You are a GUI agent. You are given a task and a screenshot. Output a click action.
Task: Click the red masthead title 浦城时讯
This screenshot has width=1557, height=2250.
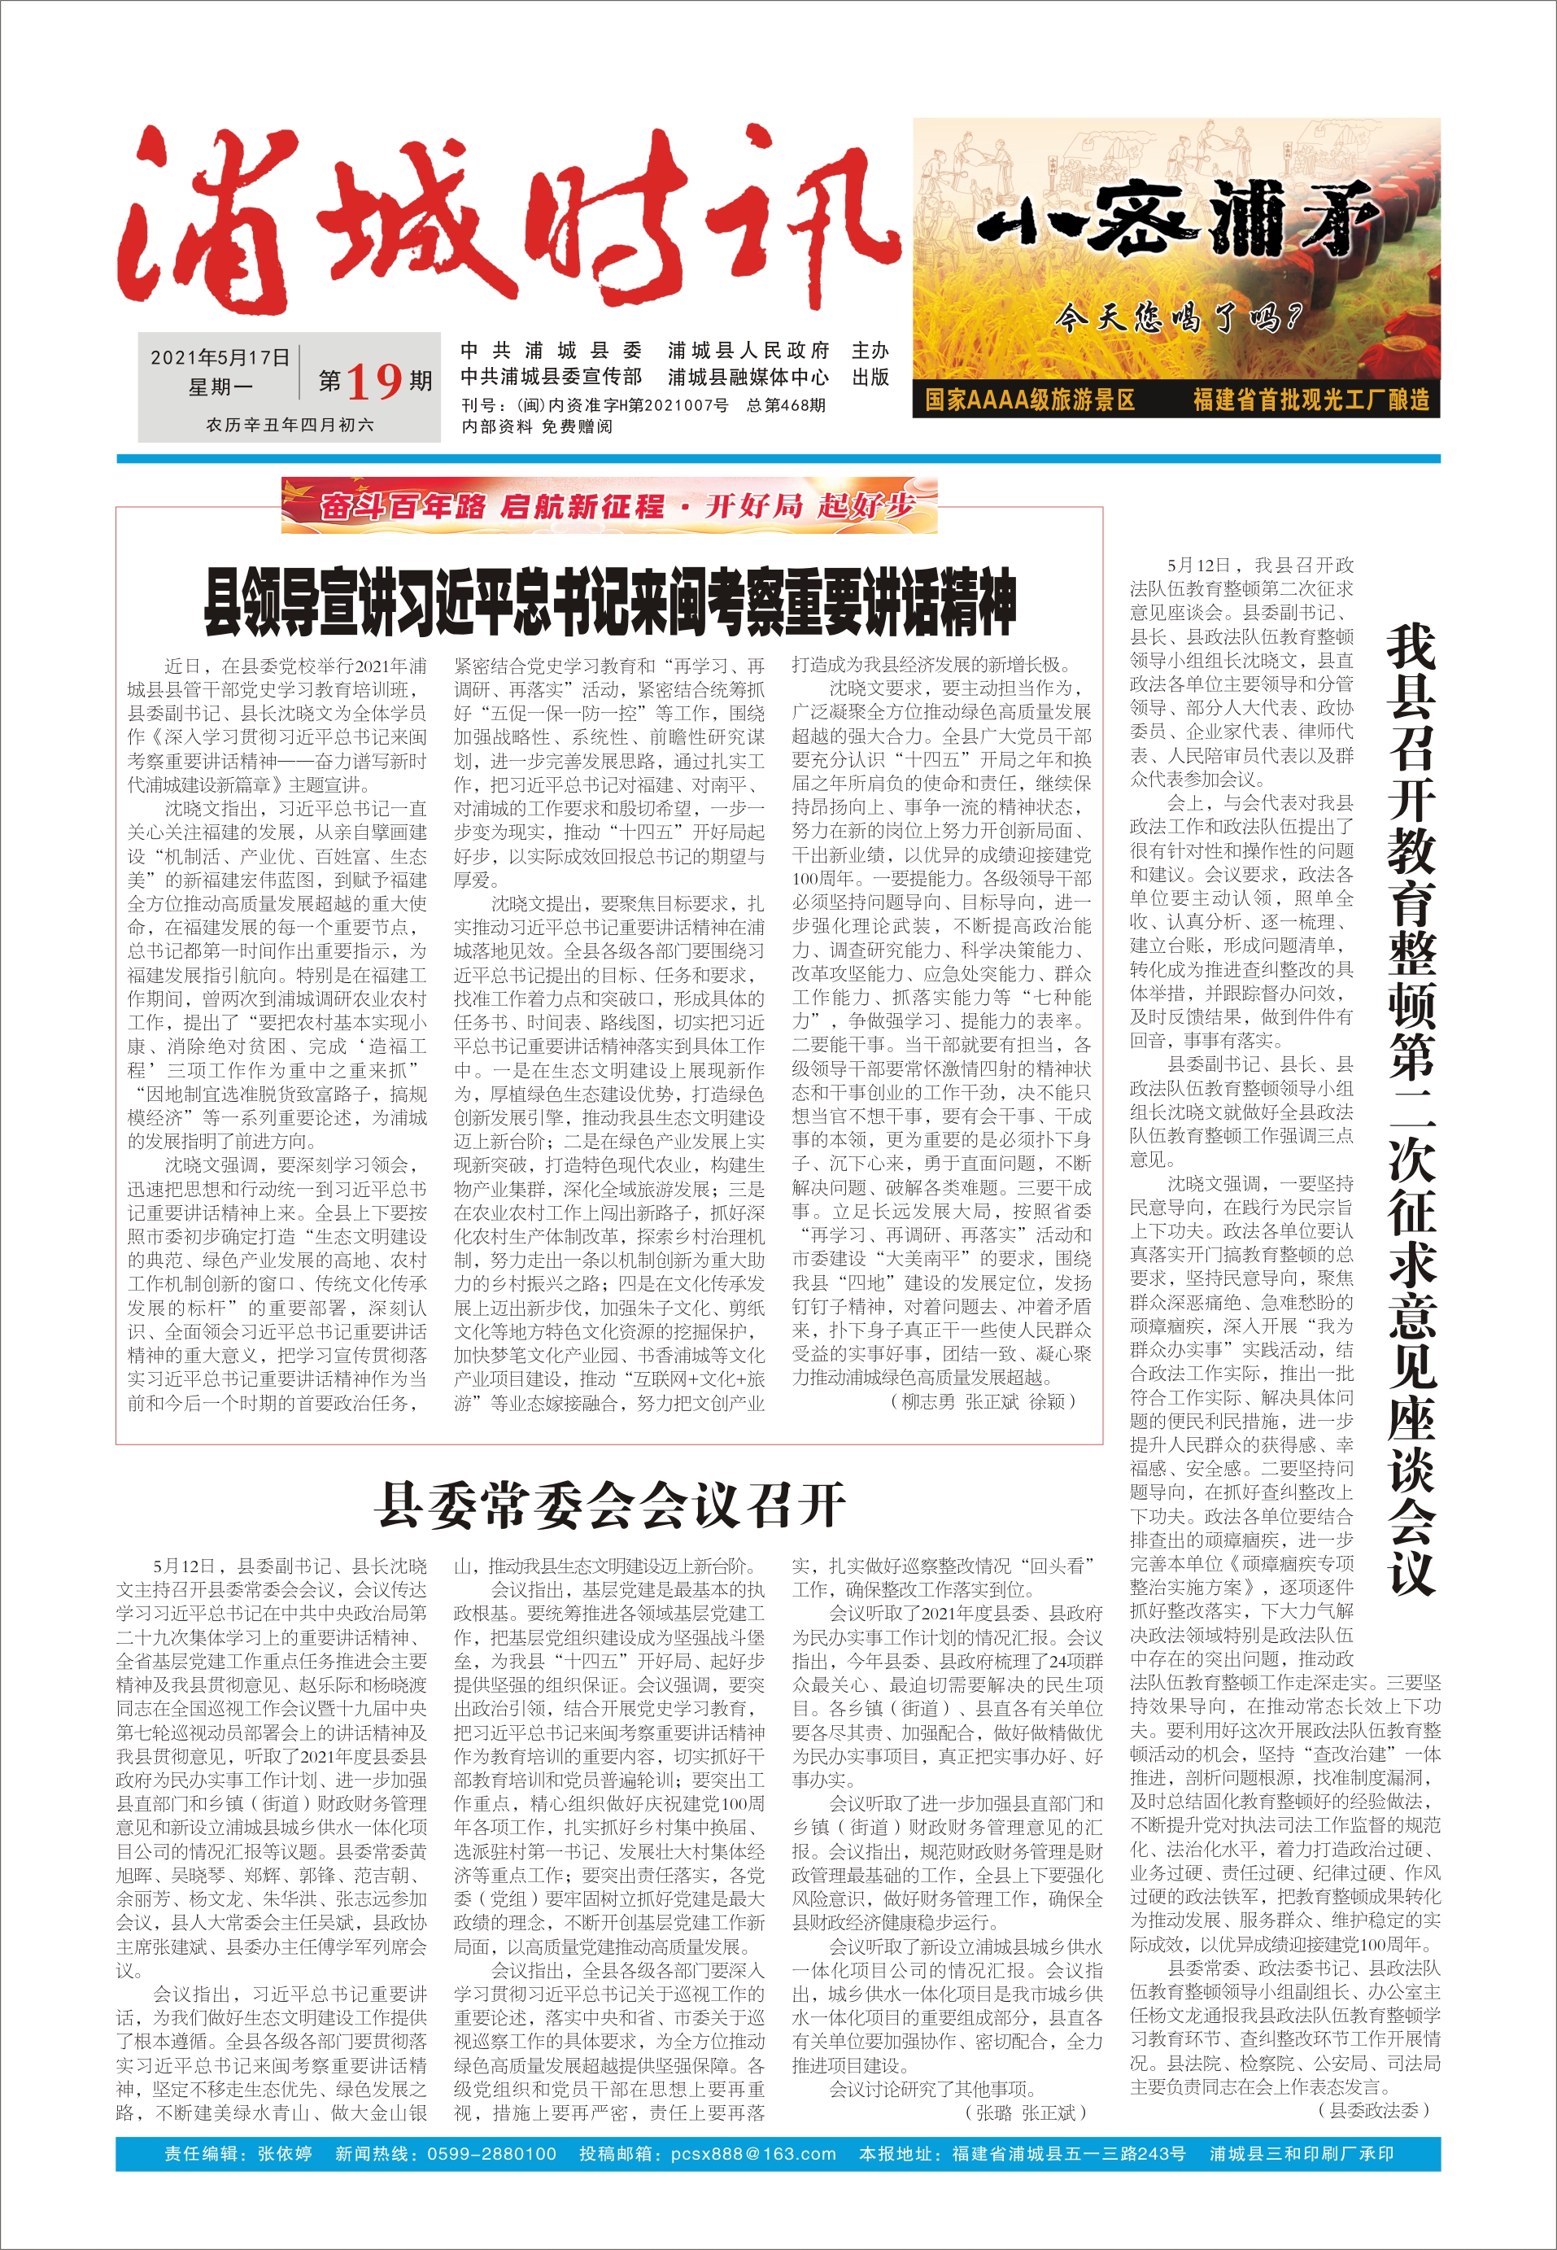click(508, 220)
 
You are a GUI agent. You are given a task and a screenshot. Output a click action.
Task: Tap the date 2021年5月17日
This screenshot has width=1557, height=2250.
click(220, 358)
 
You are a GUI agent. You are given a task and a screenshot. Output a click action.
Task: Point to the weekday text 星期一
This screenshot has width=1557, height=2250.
click(220, 387)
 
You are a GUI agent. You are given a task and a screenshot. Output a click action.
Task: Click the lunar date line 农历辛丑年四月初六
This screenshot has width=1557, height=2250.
click(290, 426)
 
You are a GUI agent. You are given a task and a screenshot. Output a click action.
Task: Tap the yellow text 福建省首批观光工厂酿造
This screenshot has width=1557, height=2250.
click(1311, 400)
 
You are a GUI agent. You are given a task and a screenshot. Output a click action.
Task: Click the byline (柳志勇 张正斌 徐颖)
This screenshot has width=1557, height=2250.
click(983, 1401)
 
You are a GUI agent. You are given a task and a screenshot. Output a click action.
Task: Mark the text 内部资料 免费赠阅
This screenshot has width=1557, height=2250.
click(537, 426)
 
